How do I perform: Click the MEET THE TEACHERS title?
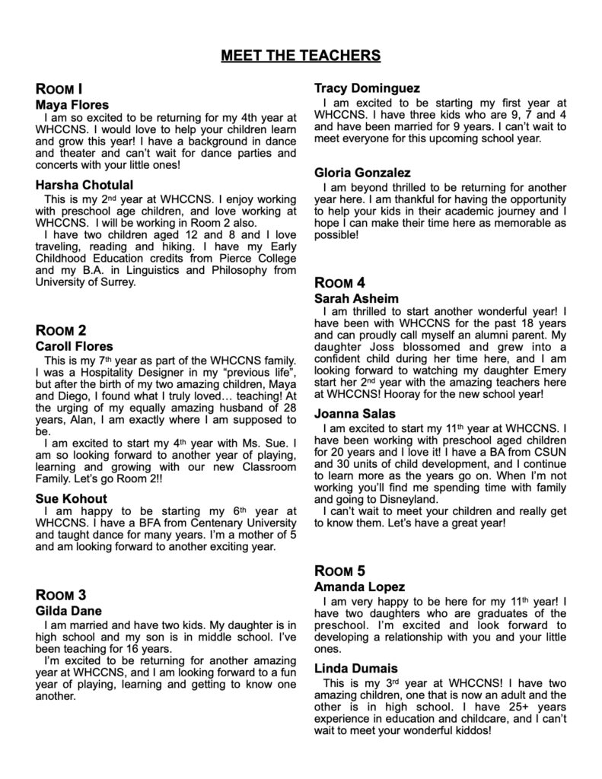pyautogui.click(x=301, y=56)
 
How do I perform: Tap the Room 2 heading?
pyautogui.click(x=61, y=330)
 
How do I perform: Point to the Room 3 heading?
pyautogui.click(x=61, y=595)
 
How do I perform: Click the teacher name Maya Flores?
pyautogui.click(x=72, y=104)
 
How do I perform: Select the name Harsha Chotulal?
pyautogui.click(x=84, y=185)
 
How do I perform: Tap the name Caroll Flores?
pyautogui.click(x=74, y=346)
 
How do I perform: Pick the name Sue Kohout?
pyautogui.click(x=71, y=498)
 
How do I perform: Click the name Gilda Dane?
pyautogui.click(x=68, y=611)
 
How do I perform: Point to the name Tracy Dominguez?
pyautogui.click(x=367, y=88)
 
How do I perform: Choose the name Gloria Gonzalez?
pyautogui.click(x=362, y=173)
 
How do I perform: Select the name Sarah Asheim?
pyautogui.click(x=356, y=299)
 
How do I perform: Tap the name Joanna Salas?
pyautogui.click(x=355, y=414)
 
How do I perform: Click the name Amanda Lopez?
pyautogui.click(x=359, y=587)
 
